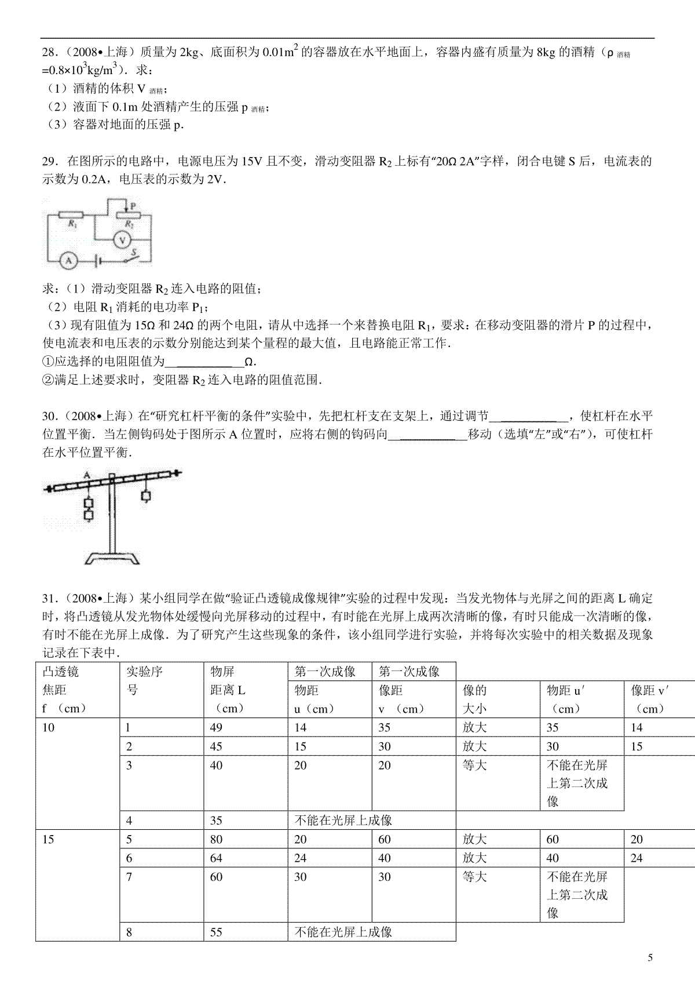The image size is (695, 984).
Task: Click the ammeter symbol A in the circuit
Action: [x=68, y=260]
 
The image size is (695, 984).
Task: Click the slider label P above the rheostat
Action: [x=133, y=206]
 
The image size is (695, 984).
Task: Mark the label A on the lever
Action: [x=87, y=475]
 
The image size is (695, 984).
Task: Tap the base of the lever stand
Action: [x=112, y=559]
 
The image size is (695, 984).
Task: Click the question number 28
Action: [x=49, y=53]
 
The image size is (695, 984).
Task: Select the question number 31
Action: [x=49, y=598]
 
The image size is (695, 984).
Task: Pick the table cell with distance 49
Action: [x=217, y=727]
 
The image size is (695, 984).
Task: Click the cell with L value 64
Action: [x=217, y=858]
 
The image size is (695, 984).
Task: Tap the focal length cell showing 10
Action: [x=49, y=727]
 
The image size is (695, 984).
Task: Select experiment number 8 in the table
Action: [x=129, y=932]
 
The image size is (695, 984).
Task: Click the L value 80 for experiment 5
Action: [x=217, y=839]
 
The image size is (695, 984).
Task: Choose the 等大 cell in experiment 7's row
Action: [x=474, y=877]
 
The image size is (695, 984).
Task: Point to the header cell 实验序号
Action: [x=144, y=681]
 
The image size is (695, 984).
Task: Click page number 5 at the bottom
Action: [x=650, y=958]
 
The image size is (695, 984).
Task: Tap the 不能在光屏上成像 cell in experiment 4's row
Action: [x=343, y=820]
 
